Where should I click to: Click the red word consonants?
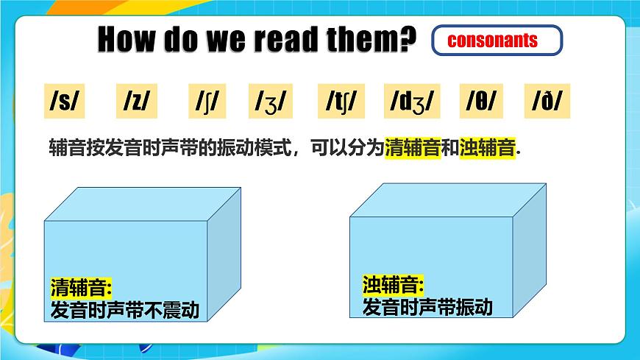coord(492,40)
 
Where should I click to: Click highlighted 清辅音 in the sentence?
coord(412,148)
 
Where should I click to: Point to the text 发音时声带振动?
coord(427,306)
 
